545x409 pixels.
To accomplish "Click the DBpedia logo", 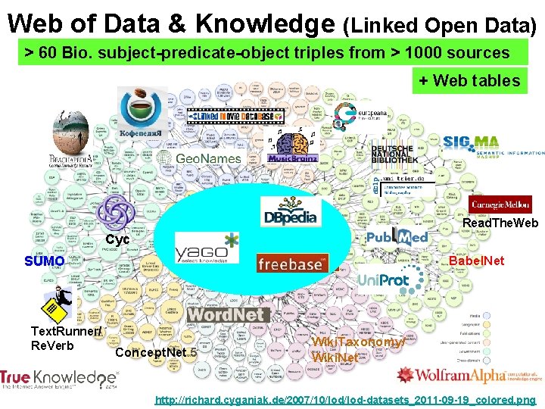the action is [x=289, y=211].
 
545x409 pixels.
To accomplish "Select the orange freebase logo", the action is [x=291, y=264].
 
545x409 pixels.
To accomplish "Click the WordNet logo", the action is [x=227, y=314].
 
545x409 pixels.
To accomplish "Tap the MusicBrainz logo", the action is [x=292, y=158].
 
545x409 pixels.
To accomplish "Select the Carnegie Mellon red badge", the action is [x=502, y=205].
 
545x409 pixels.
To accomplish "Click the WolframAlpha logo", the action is [x=469, y=375].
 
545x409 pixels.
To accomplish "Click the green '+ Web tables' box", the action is [x=469, y=80].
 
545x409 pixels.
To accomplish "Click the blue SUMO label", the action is [x=44, y=261].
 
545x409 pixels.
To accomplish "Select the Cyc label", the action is [x=117, y=239].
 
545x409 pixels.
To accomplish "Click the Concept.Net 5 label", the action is [x=156, y=351].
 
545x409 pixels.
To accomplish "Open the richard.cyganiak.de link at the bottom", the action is [x=344, y=399].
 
